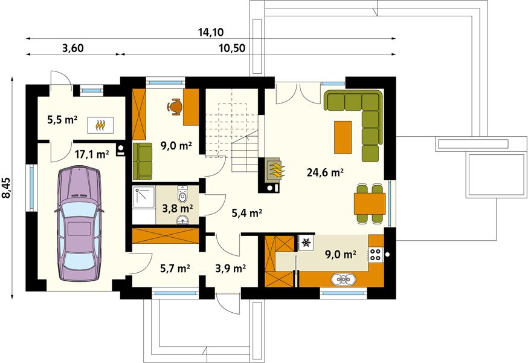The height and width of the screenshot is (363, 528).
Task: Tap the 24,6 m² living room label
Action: coord(325,172)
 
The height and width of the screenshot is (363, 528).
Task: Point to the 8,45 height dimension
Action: coord(7,187)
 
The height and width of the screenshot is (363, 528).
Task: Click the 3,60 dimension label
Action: coord(72,48)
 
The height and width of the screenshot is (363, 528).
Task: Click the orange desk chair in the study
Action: coord(175,106)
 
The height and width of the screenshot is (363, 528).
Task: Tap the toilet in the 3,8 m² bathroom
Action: coord(184,195)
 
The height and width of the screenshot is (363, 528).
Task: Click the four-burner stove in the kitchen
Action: coord(376,254)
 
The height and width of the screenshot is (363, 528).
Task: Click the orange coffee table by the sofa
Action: coord(343,137)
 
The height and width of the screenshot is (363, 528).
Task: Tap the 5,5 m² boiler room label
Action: coord(62,120)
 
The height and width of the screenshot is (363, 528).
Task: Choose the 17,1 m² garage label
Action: coord(92,154)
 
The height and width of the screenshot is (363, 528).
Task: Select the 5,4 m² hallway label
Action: coord(247,213)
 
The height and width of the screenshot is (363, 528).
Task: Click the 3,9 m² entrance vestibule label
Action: coord(230,267)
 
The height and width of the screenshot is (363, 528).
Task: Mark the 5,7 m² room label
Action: coord(175,267)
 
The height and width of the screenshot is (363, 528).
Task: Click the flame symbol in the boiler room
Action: coord(100,125)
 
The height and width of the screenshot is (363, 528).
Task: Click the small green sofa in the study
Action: coord(143,161)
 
